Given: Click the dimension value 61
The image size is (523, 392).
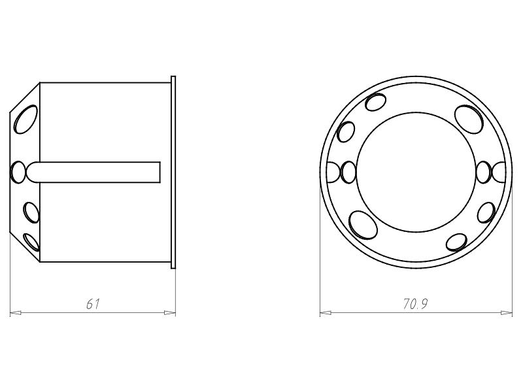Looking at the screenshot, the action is [93, 304].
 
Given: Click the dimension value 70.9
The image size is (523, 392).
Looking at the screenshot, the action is [416, 304].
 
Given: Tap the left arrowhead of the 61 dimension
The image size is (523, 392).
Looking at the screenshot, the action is [16, 313].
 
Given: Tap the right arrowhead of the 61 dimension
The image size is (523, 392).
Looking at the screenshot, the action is [170, 313].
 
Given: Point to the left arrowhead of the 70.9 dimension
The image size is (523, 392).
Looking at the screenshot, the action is [326, 313].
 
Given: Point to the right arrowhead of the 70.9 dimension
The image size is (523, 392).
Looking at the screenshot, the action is [506, 313].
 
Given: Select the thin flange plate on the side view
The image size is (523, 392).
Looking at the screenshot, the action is [173, 172].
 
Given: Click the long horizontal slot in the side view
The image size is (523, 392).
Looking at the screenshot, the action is [93, 172].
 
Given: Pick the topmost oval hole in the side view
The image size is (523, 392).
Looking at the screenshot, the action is [25, 120].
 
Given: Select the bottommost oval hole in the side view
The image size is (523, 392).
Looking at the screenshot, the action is [31, 242].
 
